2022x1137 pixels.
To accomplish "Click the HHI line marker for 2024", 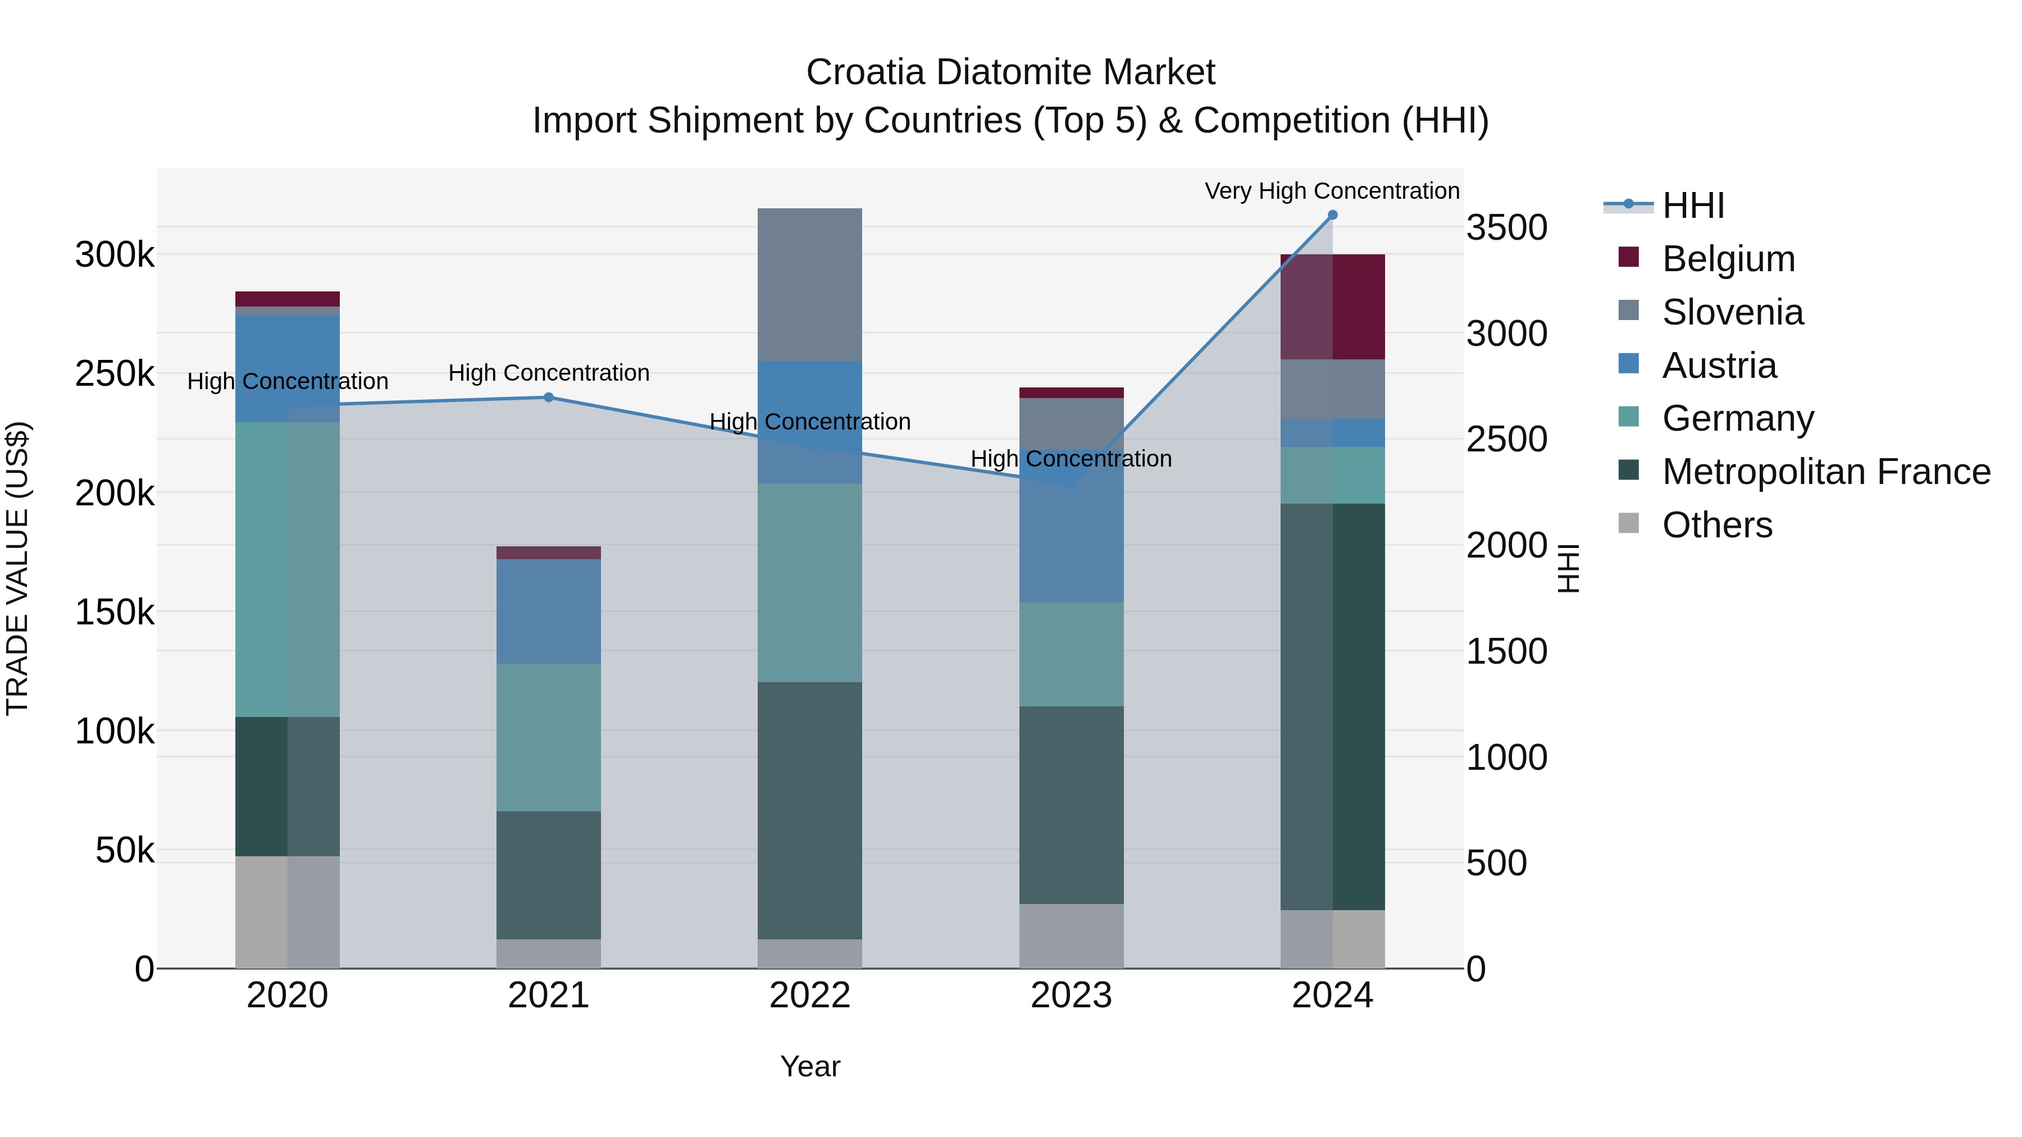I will [x=1332, y=215].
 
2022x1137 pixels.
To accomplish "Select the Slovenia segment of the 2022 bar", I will [x=809, y=285].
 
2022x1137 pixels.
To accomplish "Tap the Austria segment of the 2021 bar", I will [x=549, y=611].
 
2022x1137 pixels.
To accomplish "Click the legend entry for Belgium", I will [x=1728, y=259].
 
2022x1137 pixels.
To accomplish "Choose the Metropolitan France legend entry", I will [x=1826, y=472].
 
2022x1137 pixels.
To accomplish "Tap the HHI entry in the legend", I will [x=1693, y=206].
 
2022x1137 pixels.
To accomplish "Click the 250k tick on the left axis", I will [x=115, y=375].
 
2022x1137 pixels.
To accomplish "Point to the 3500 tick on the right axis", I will [x=1506, y=229].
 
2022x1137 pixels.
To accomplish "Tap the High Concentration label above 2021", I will [x=549, y=373].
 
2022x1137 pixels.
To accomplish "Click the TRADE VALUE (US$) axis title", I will [x=17, y=568].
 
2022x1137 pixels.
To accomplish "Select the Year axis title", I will [x=809, y=1066].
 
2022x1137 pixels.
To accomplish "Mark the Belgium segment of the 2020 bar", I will [x=287, y=299].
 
